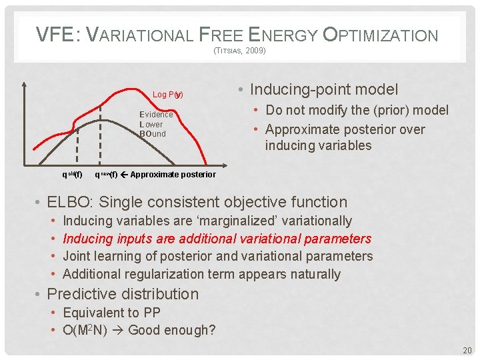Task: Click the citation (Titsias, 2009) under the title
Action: click(239, 51)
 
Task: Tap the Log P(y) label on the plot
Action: click(167, 95)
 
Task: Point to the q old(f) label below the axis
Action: click(72, 175)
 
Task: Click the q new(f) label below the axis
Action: click(106, 175)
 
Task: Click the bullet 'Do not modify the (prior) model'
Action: click(357, 110)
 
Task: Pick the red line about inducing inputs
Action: click(217, 238)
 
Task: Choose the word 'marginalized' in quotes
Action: click(257, 221)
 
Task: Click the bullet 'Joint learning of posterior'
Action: click(217, 256)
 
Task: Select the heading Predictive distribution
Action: click(123, 294)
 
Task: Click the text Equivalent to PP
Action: click(113, 312)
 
